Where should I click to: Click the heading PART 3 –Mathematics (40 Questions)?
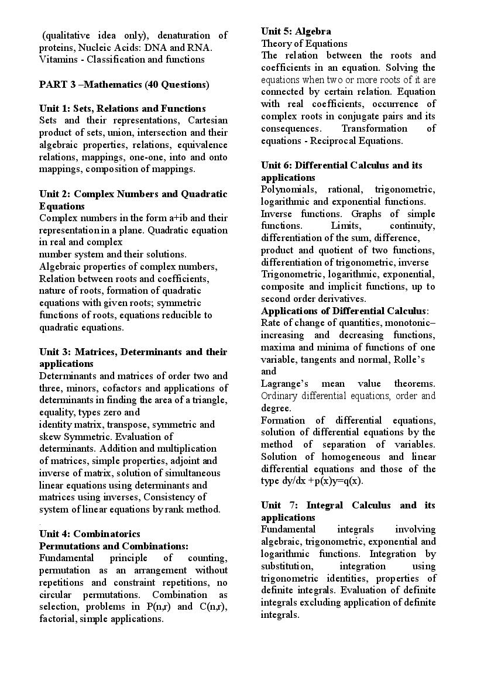124,84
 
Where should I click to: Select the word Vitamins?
58,60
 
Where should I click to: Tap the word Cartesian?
208,121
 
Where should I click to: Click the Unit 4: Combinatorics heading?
90,534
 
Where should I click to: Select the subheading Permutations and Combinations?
114,546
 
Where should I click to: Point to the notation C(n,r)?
213,606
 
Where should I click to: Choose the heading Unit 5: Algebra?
296,31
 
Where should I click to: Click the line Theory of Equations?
304,43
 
